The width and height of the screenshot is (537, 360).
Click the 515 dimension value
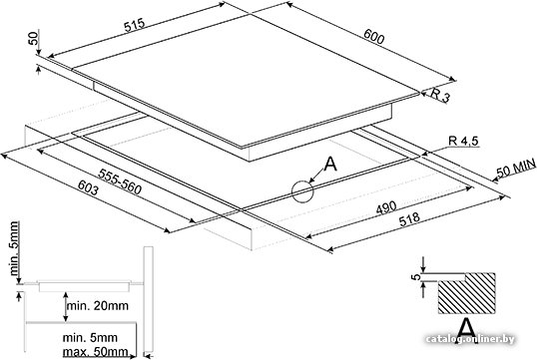tap(135, 25)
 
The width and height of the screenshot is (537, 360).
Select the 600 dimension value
tap(373, 36)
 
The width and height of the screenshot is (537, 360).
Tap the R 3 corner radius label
tap(440, 95)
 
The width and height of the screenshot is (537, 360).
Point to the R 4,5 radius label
tap(463, 141)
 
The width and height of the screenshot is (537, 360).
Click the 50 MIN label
tap(516, 168)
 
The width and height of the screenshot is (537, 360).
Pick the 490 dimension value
tap(386, 207)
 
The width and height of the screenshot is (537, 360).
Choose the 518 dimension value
tap(409, 218)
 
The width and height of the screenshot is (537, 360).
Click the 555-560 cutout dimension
tap(120, 181)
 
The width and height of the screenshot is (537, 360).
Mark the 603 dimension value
tap(88, 187)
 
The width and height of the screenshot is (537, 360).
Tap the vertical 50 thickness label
tap(33, 37)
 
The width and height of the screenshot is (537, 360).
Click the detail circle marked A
tap(302, 191)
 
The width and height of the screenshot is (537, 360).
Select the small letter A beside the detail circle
tap(330, 165)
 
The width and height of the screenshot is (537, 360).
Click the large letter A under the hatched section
tap(467, 328)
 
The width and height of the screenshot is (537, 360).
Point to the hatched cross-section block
tap(466, 293)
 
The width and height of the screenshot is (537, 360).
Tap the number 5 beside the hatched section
tap(416, 277)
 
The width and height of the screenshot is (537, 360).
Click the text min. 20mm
tap(98, 305)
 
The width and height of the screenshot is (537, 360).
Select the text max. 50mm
tap(96, 351)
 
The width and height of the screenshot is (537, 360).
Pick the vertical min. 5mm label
tap(13, 248)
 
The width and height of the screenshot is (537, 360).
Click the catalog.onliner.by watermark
tap(470, 339)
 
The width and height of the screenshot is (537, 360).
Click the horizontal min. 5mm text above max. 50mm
tap(90, 337)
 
